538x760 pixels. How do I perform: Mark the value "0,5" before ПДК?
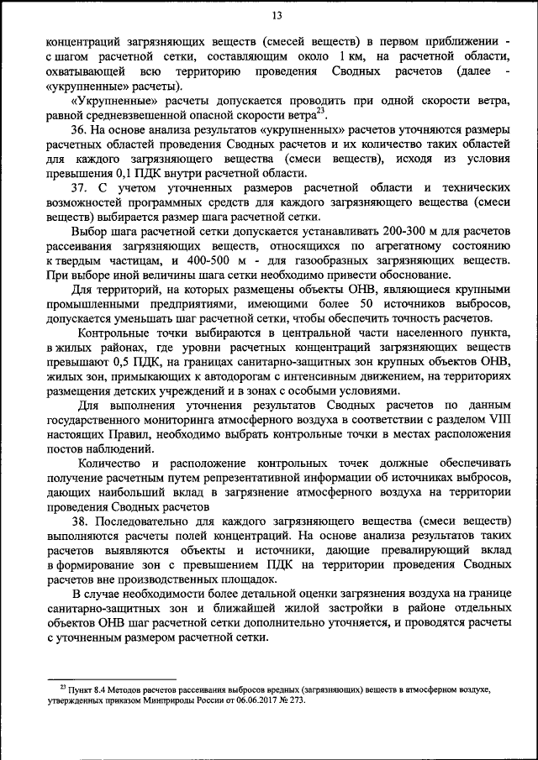pos(123,362)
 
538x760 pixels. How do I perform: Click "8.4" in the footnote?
pos(106,688)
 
